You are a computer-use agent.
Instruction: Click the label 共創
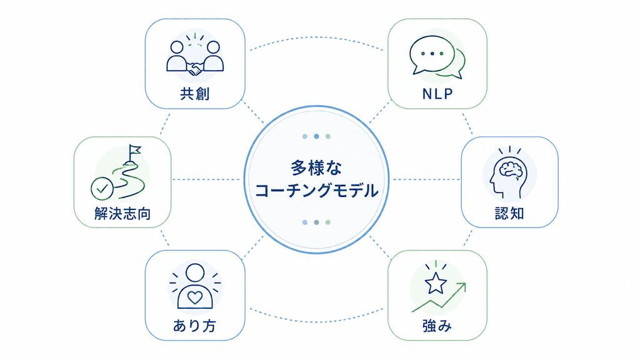[195, 94]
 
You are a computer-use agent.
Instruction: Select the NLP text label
[437, 94]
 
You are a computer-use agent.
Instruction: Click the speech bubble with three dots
[432, 54]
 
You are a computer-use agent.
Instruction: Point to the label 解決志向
[122, 214]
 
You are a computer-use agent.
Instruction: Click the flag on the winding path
[135, 150]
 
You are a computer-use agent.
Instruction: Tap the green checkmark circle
[102, 189]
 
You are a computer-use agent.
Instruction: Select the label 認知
[509, 214]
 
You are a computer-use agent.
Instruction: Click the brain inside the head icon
[510, 169]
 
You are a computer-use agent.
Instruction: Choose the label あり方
[195, 326]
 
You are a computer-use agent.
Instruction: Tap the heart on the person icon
[195, 297]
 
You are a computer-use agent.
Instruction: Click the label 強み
[437, 326]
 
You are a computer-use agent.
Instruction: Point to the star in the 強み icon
[436, 283]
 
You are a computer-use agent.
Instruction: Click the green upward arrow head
[462, 287]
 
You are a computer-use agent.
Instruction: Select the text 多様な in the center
[316, 167]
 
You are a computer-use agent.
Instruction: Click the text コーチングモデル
[316, 191]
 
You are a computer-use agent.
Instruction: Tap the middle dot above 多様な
[316, 136]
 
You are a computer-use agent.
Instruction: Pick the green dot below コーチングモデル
[327, 222]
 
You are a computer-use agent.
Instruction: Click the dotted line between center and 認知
[426, 179]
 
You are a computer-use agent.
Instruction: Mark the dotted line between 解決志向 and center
[206, 179]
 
